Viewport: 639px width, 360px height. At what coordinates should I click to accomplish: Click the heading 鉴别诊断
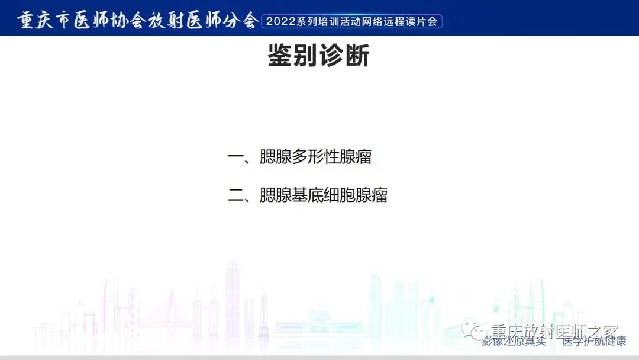coord(319,57)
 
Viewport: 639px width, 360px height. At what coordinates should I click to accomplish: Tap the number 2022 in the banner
coord(282,22)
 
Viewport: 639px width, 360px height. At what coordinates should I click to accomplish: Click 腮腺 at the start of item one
coord(276,157)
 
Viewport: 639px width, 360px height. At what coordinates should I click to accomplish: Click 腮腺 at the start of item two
coord(276,196)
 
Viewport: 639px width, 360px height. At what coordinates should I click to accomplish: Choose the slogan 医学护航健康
coord(593,342)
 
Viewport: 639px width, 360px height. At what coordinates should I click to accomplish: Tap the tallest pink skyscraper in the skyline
coord(233,296)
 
